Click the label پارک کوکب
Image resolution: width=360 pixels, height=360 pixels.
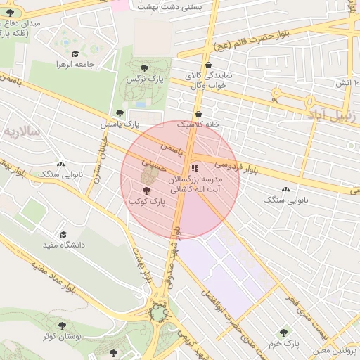click(x=146, y=202)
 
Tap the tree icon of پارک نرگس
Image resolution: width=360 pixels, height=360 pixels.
click(x=144, y=68)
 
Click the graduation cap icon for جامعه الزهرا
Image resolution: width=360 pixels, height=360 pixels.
click(x=75, y=53)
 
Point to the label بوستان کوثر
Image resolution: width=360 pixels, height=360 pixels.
click(x=62, y=336)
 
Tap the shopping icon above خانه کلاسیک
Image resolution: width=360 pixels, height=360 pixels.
click(x=198, y=114)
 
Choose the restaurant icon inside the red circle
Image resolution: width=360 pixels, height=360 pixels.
click(x=195, y=169)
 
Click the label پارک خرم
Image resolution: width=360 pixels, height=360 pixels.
click(x=283, y=343)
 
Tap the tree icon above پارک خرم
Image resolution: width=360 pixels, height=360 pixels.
click(x=283, y=332)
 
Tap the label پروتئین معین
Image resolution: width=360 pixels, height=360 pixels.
click(x=335, y=349)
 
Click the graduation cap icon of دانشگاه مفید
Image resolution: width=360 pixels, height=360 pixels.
click(x=63, y=234)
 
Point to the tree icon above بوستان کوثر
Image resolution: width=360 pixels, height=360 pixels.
click(x=62, y=326)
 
